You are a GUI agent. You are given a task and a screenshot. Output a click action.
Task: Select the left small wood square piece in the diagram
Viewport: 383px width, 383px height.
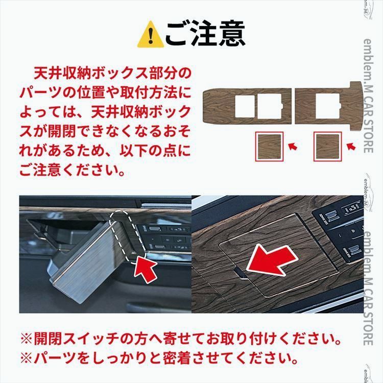point(269,148)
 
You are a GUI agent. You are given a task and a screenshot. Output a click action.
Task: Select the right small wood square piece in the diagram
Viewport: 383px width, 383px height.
point(327,148)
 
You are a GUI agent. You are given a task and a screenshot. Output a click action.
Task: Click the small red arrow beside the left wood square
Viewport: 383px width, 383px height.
point(293,147)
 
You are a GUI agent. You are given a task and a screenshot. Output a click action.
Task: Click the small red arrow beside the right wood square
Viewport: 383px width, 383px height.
point(350,147)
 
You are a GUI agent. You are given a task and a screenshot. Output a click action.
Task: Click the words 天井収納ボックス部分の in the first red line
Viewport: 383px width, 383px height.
point(111,73)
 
